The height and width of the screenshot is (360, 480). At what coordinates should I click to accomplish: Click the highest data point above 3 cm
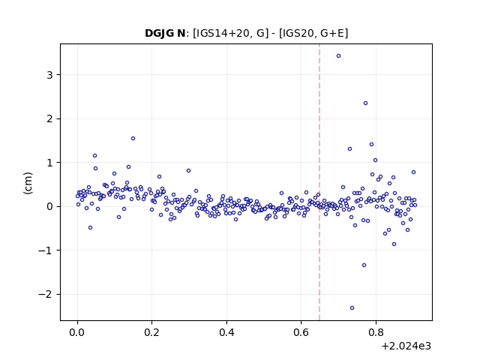(x=338, y=55)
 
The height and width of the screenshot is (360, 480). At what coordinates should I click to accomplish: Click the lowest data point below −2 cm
(x=352, y=307)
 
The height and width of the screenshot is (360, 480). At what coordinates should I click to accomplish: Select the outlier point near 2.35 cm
(x=365, y=103)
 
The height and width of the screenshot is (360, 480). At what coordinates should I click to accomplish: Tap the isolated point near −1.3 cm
(x=364, y=265)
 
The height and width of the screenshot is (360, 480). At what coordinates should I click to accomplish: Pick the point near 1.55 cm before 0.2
(x=133, y=138)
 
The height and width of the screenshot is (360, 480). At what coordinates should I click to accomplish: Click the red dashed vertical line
(x=319, y=182)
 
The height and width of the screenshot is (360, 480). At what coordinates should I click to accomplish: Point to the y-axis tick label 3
(x=49, y=75)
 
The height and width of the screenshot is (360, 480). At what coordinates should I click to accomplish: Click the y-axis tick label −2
(x=45, y=295)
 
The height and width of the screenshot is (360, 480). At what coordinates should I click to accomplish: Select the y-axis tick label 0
(x=49, y=207)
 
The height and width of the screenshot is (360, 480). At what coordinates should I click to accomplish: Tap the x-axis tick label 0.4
(x=226, y=332)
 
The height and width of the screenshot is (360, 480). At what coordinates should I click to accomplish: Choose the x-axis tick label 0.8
(x=376, y=332)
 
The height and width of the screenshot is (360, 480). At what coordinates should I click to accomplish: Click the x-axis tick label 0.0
(x=77, y=332)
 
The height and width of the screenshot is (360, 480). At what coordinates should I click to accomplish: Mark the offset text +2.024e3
(x=406, y=346)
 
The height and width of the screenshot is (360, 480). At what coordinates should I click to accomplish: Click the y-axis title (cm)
(x=28, y=183)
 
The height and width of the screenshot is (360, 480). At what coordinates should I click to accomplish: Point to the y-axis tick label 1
(x=49, y=163)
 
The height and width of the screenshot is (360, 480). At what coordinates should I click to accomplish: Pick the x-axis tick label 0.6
(x=301, y=332)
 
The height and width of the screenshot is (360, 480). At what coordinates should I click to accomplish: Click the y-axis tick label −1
(x=45, y=250)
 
